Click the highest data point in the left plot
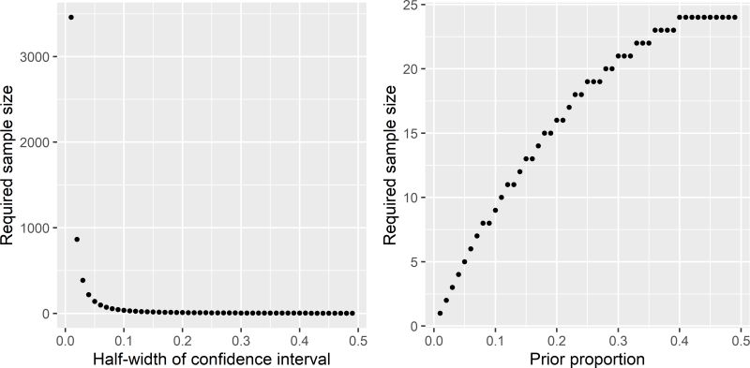[71, 17]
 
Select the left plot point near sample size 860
[77, 240]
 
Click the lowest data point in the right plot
[440, 313]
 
